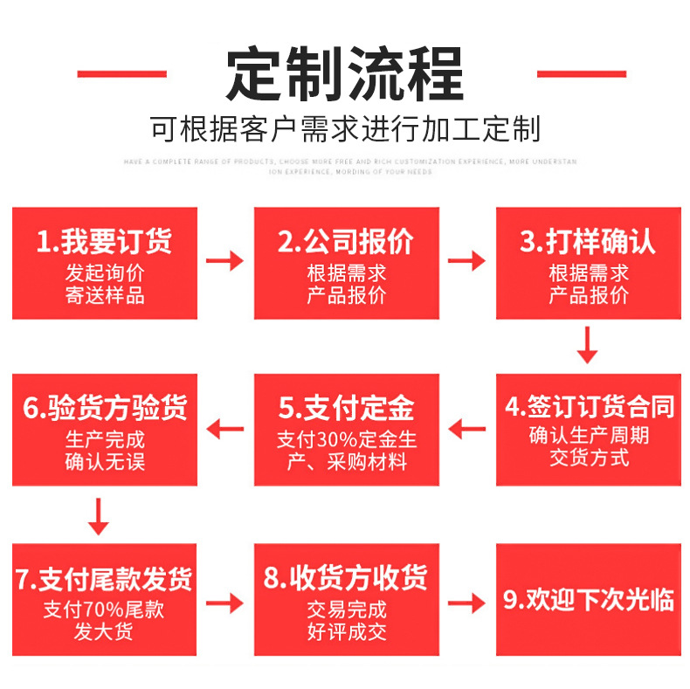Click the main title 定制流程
(x=344, y=73)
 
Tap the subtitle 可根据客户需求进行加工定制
(x=345, y=129)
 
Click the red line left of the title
(x=121, y=74)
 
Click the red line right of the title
(x=581, y=74)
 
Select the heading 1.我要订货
(x=105, y=241)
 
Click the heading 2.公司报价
(x=346, y=241)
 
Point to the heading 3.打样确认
(x=588, y=241)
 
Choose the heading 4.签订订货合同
(x=589, y=407)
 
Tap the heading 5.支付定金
(x=346, y=408)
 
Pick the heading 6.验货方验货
(x=105, y=408)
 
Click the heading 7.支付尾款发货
(x=105, y=578)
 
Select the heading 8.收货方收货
(x=346, y=578)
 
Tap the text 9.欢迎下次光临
(x=589, y=600)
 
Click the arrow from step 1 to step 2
(x=224, y=260)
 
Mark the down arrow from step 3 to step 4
(x=588, y=345)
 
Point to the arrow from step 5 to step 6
(x=224, y=429)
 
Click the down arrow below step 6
(x=99, y=515)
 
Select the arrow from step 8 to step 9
(x=467, y=602)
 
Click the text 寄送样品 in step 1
(x=105, y=295)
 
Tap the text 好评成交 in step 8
(x=346, y=631)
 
